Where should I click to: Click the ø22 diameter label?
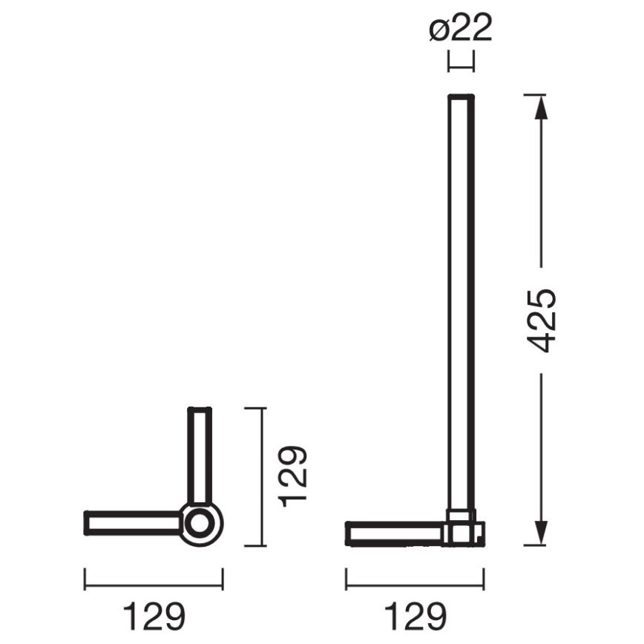[460, 30]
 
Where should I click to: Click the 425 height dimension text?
[542, 321]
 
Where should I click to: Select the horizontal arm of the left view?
[134, 522]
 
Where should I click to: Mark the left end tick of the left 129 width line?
[85, 579]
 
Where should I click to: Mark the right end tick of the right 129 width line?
[484, 579]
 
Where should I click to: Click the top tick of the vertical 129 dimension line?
[254, 408]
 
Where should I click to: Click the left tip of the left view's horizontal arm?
[87, 522]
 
